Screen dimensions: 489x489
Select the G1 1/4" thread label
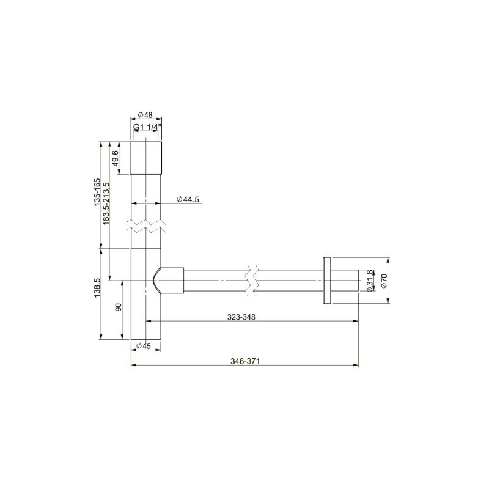point(147,128)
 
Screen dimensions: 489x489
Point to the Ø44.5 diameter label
point(188,200)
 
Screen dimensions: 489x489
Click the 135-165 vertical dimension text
point(97,193)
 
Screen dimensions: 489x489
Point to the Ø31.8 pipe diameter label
point(369,281)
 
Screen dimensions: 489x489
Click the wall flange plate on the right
point(326,281)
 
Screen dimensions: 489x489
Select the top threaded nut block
point(147,158)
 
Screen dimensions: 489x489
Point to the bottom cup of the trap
point(147,318)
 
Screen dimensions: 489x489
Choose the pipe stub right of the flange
point(345,281)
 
